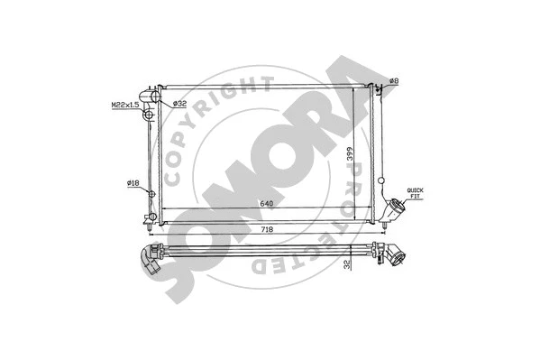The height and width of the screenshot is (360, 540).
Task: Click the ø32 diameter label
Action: (178, 103)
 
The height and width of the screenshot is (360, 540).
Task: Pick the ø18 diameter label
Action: (133, 183)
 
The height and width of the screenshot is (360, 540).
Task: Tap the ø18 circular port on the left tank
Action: (151, 193)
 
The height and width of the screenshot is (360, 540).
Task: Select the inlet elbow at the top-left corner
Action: (149, 93)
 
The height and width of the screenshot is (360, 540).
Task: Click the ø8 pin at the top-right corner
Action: (380, 87)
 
